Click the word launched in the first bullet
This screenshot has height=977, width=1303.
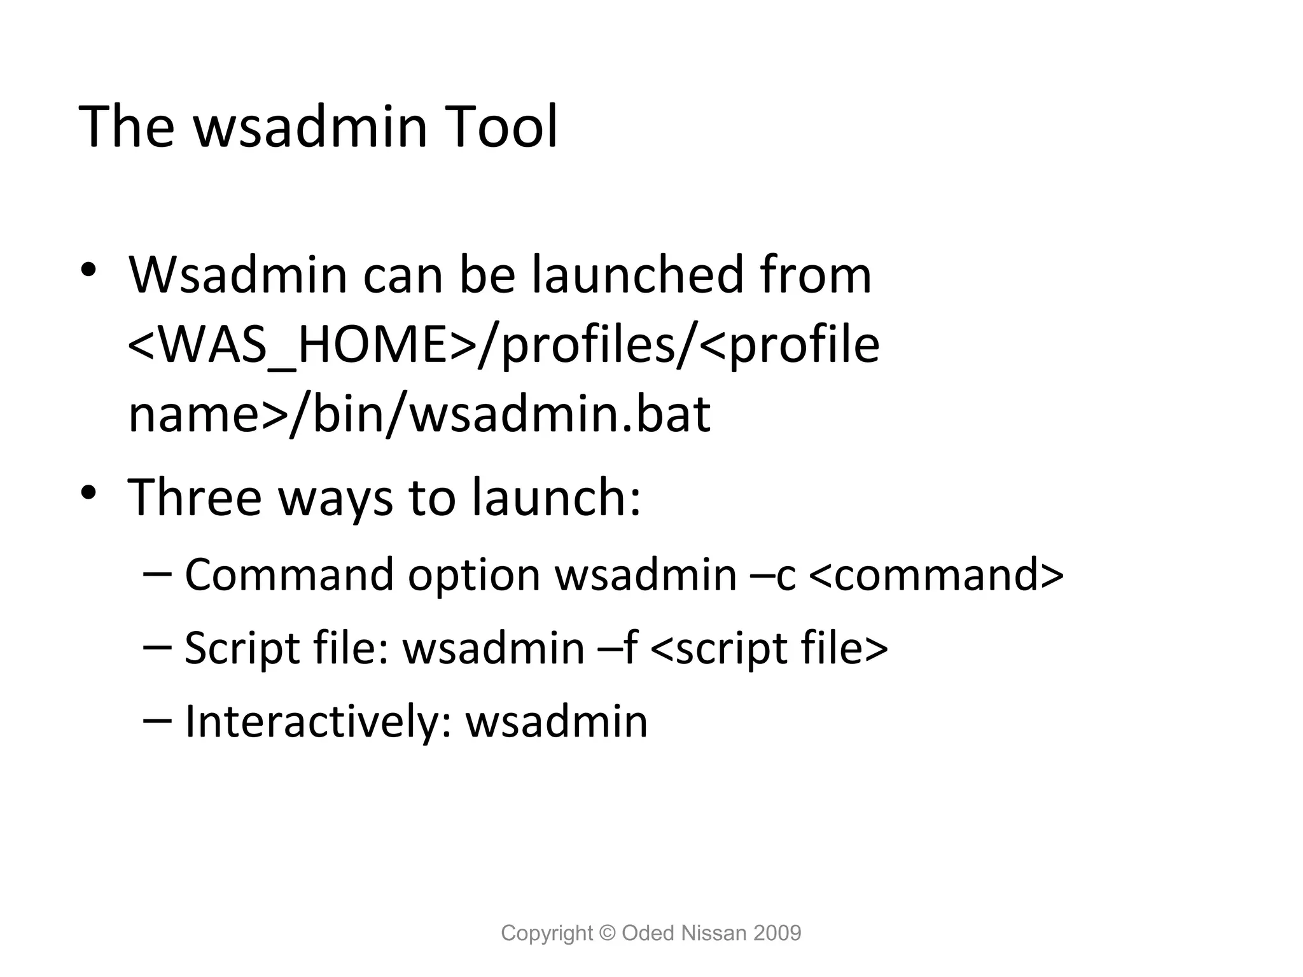(638, 275)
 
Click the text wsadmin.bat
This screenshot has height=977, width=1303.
(560, 415)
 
